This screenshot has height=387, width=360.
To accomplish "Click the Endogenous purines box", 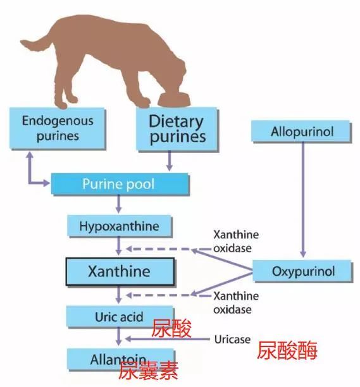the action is (58, 128).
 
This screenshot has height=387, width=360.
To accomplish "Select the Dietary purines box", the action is (177, 129).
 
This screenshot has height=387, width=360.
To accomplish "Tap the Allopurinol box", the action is (302, 132).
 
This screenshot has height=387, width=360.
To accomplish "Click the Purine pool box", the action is (120, 184).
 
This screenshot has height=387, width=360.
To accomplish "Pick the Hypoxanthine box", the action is (120, 226).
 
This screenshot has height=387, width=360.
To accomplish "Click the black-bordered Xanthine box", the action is (120, 271).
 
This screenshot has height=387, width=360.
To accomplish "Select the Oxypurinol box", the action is (302, 271).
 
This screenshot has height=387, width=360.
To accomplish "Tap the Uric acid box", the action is (120, 317).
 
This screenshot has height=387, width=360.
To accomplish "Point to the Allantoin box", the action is (121, 359).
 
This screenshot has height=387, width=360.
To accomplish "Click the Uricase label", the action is (232, 340).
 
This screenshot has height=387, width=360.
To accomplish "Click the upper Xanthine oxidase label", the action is (236, 242).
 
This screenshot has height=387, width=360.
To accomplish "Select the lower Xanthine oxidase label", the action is (236, 303).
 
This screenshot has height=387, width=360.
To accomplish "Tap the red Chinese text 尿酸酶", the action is (287, 350).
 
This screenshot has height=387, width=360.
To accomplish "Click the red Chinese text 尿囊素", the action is (148, 370).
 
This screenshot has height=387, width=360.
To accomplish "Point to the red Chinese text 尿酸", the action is (171, 328).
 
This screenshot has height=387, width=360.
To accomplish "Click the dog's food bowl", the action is (174, 99).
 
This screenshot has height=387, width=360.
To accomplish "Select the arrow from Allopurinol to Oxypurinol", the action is (303, 200).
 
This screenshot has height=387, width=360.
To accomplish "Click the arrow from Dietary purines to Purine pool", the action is (169, 161).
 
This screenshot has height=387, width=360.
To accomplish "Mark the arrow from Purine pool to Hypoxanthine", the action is (118, 204).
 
